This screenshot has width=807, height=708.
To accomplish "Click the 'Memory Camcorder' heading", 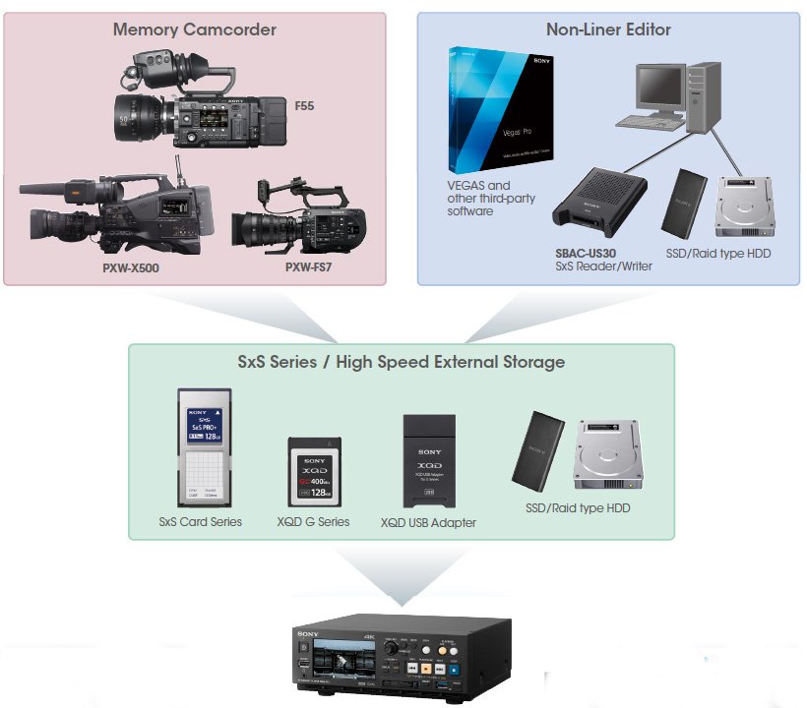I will [x=195, y=29].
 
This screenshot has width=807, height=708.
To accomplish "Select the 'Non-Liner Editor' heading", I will [x=608, y=29].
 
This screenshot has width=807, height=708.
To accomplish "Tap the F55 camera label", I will [x=305, y=105].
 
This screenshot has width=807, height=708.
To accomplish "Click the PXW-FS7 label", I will [x=308, y=266].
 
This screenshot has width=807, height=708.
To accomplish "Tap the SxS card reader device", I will [x=600, y=203].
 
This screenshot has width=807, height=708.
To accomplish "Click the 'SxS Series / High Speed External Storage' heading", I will [x=402, y=362].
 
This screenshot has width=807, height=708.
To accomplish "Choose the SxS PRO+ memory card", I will [x=205, y=447].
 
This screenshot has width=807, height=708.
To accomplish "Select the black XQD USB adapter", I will [x=428, y=460].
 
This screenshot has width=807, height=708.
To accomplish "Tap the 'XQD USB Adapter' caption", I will [x=428, y=523].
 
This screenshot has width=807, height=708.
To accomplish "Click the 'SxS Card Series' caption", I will [x=200, y=521].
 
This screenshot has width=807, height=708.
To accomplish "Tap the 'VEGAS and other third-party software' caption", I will [x=484, y=198].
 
